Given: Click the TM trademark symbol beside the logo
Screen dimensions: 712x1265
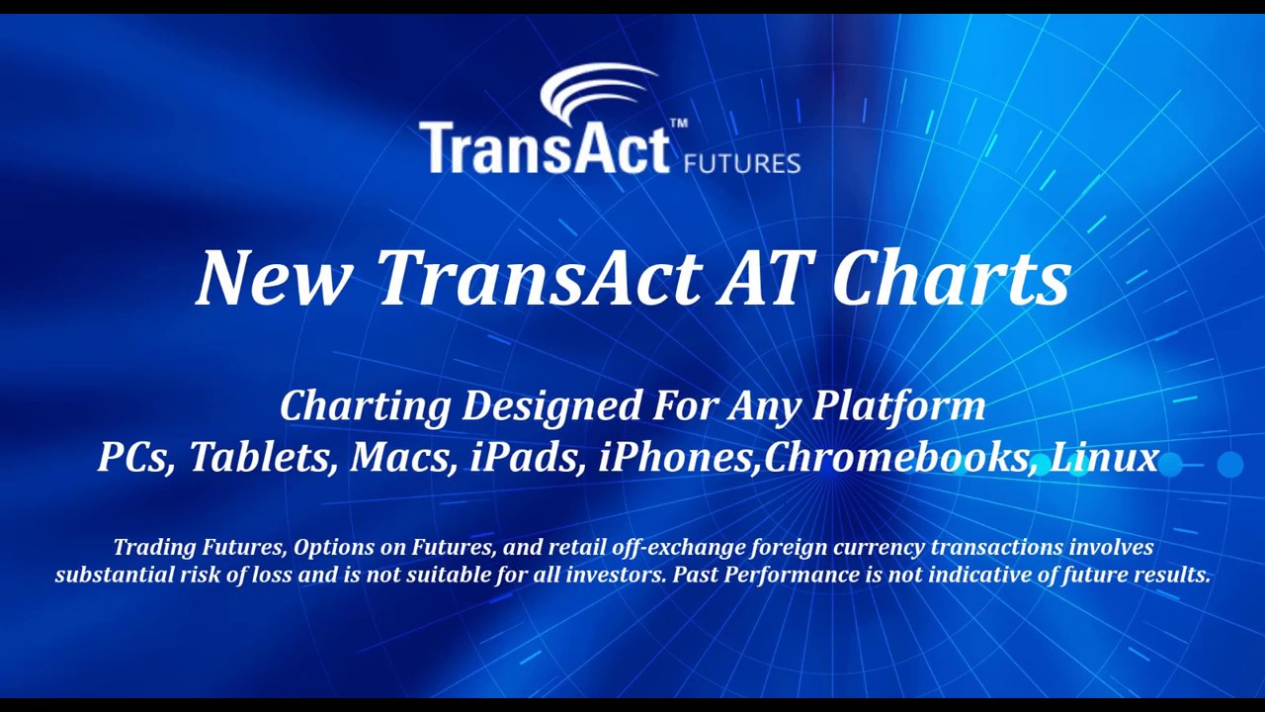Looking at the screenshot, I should click(679, 124).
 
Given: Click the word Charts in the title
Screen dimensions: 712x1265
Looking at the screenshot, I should click(951, 278).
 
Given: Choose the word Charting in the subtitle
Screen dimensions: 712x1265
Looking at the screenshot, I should click(365, 406).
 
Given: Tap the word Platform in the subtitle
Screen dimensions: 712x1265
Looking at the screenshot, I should click(898, 406).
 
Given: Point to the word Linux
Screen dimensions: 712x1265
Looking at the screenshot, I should click(1104, 457).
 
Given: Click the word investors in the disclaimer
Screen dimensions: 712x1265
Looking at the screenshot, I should click(615, 575).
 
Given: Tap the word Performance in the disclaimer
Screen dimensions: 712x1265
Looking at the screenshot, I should click(778, 575).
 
